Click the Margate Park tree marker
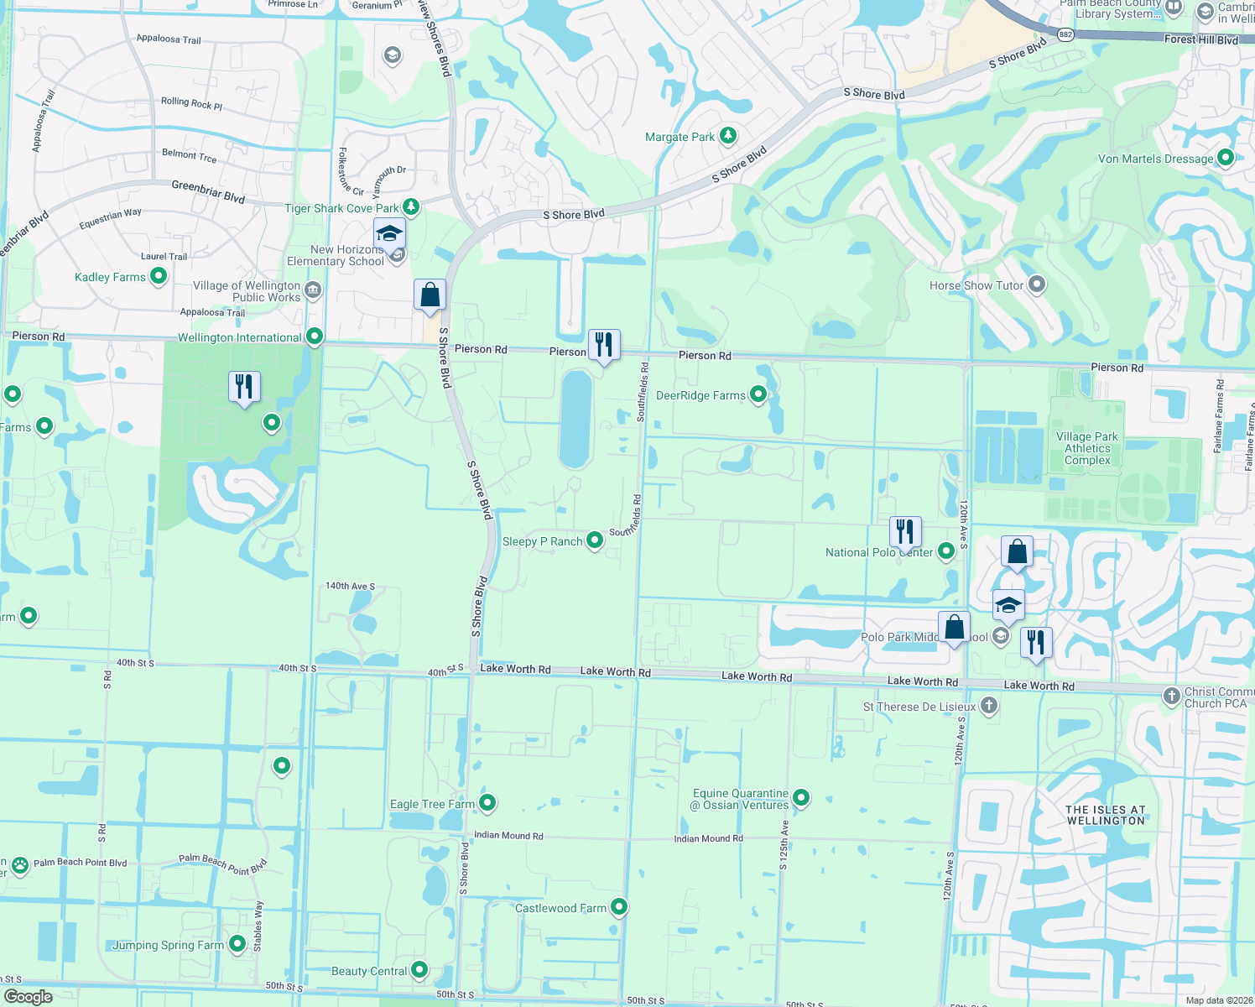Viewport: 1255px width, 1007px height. tap(728, 135)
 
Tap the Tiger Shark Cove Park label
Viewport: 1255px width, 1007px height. tap(342, 208)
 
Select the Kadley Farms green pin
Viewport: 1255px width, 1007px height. tap(158, 276)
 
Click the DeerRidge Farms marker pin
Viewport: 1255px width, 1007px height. tap(758, 394)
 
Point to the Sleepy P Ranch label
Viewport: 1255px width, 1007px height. tap(542, 541)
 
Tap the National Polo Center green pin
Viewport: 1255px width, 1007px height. tap(946, 551)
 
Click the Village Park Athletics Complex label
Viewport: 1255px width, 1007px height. tap(1087, 448)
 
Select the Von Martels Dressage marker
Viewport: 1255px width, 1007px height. tap(1226, 157)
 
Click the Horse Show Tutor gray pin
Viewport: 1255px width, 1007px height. tap(1037, 284)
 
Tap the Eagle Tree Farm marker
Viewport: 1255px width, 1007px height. tap(487, 803)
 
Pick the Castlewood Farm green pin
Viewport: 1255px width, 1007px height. tap(619, 906)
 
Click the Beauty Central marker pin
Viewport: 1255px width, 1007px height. tap(419, 970)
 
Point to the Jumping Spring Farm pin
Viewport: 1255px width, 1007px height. tap(237, 944)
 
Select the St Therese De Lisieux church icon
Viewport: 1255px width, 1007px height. tap(989, 706)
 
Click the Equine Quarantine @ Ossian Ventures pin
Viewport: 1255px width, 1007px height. tap(801, 798)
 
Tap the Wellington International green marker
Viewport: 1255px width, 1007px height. tap(315, 337)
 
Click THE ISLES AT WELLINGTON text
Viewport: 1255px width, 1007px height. tap(1105, 815)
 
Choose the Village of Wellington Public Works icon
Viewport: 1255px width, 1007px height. tap(313, 290)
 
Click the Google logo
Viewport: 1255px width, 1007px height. tap(28, 997)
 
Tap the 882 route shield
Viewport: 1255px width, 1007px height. tap(1065, 34)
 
